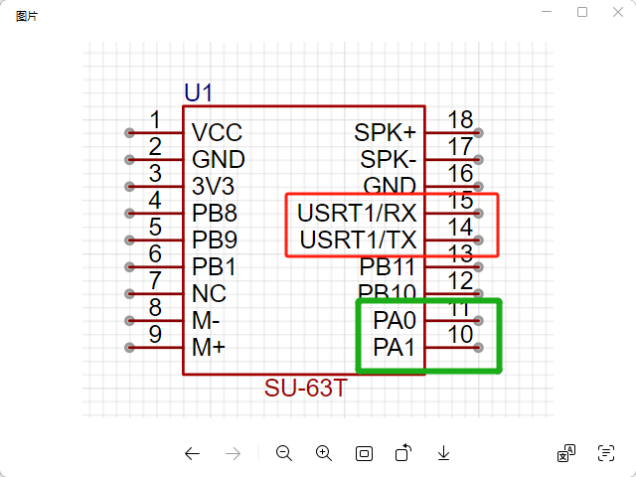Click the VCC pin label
(x=217, y=133)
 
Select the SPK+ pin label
(x=386, y=133)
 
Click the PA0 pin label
(x=395, y=321)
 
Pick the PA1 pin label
(x=395, y=348)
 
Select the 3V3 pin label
(x=215, y=187)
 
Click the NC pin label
(x=209, y=294)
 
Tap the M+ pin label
(x=209, y=348)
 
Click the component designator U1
(x=198, y=93)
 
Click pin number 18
(x=460, y=120)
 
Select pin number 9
(x=155, y=335)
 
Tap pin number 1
(x=155, y=120)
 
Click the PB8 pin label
(x=215, y=214)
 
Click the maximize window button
(x=582, y=12)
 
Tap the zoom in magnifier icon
(x=323, y=453)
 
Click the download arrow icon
(x=444, y=453)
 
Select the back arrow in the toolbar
(x=193, y=453)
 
